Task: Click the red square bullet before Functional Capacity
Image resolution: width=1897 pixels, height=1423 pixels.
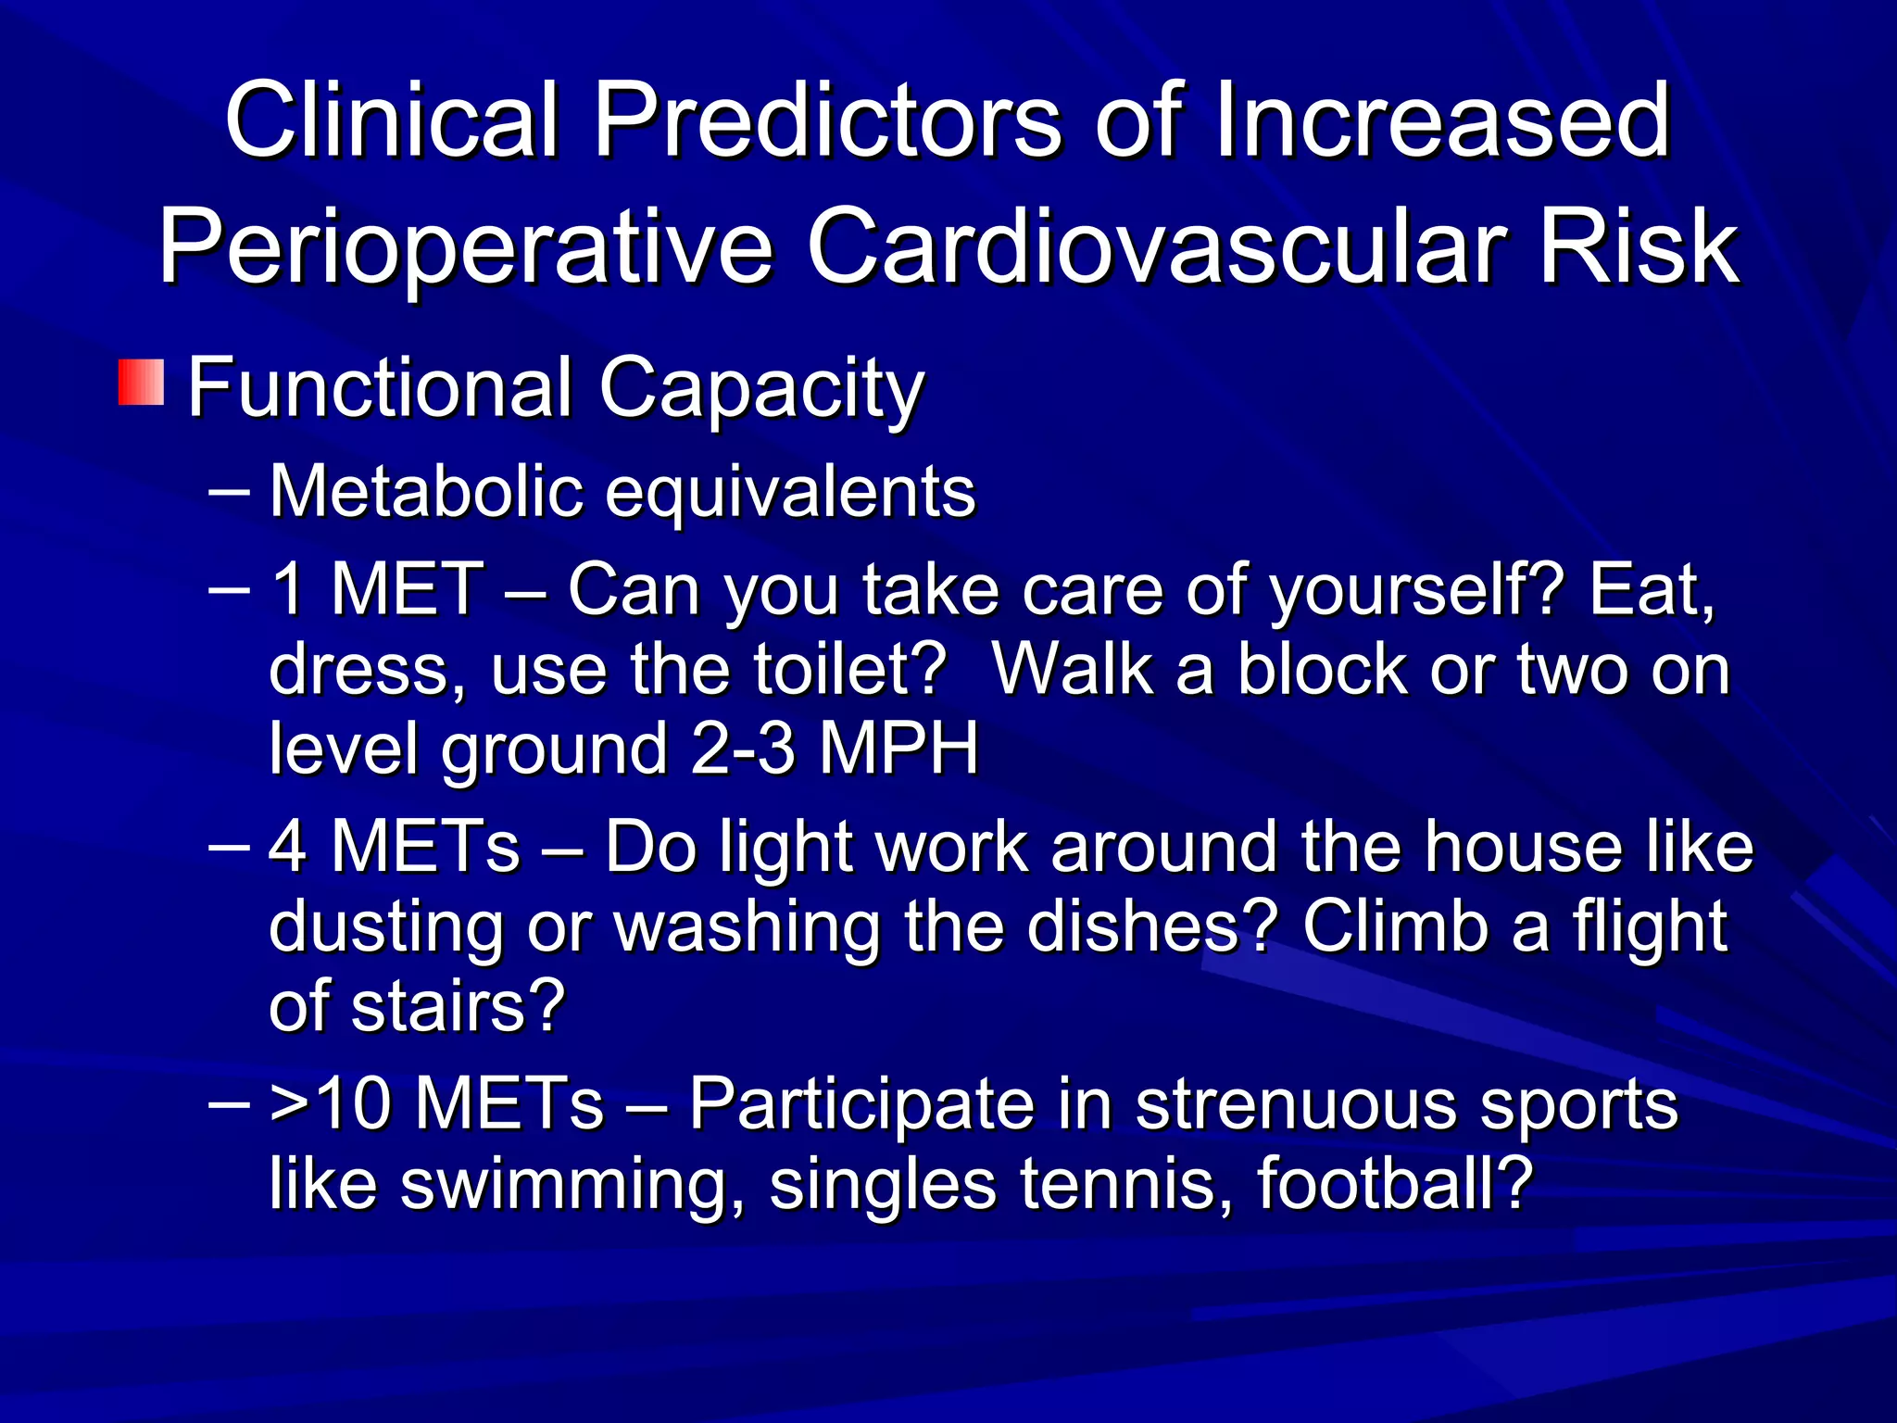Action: point(141,383)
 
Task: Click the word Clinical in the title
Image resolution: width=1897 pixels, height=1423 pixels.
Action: point(393,120)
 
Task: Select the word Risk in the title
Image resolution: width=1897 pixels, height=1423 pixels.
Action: point(1639,247)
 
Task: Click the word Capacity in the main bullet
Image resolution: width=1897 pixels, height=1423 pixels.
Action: point(761,388)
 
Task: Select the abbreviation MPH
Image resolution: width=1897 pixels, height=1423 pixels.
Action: point(898,749)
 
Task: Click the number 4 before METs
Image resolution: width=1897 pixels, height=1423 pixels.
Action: point(288,847)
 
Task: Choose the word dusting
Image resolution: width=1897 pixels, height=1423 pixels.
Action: point(385,927)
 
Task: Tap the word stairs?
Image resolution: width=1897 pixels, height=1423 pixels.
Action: point(458,1006)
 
